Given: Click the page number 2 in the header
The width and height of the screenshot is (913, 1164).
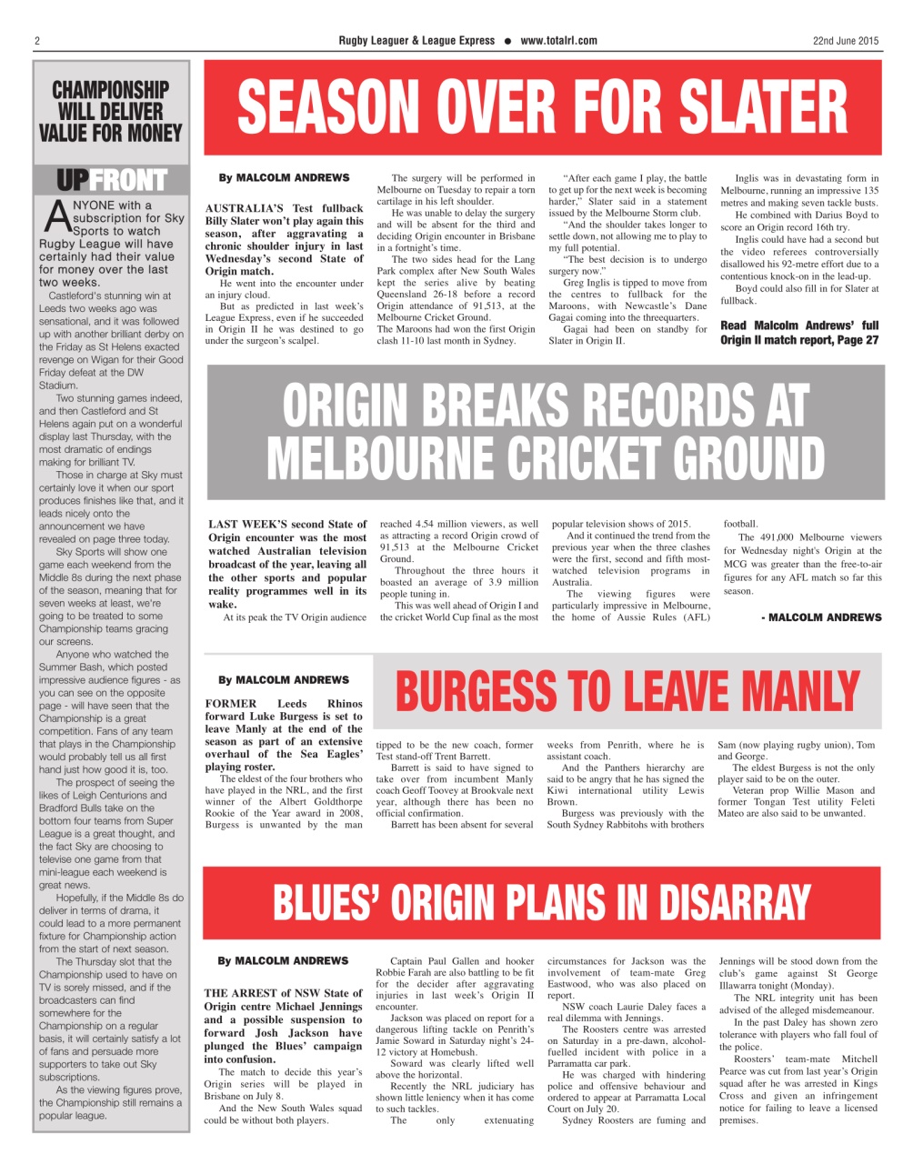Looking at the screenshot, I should tap(37, 41).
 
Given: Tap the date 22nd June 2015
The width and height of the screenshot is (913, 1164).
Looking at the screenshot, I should tap(846, 41).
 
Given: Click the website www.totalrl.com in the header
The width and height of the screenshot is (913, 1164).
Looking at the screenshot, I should tap(559, 41).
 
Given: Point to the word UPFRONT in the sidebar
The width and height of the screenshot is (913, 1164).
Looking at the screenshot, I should tap(111, 181).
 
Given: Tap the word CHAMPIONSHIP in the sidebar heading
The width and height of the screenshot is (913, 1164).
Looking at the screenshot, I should tap(110, 90).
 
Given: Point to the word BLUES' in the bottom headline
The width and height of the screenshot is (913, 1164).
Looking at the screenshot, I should tap(328, 903).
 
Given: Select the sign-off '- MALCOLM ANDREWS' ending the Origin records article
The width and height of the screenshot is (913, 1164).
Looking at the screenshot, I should tap(821, 617).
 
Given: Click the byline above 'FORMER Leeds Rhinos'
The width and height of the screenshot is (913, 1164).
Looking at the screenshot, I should tap(283, 680).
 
